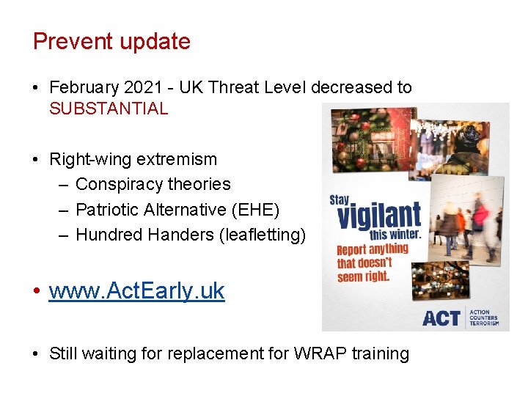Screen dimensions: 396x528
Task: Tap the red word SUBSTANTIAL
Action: (109, 109)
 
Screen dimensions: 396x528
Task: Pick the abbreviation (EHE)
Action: (256, 210)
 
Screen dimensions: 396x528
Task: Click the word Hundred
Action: (109, 235)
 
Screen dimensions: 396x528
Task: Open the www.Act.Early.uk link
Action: (136, 291)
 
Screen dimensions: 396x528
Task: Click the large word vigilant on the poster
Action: (379, 216)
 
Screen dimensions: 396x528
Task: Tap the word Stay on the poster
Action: (340, 199)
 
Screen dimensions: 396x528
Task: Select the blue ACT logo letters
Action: (441, 318)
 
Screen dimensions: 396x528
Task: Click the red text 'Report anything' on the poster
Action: (373, 250)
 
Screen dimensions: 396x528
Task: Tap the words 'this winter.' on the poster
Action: (395, 235)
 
